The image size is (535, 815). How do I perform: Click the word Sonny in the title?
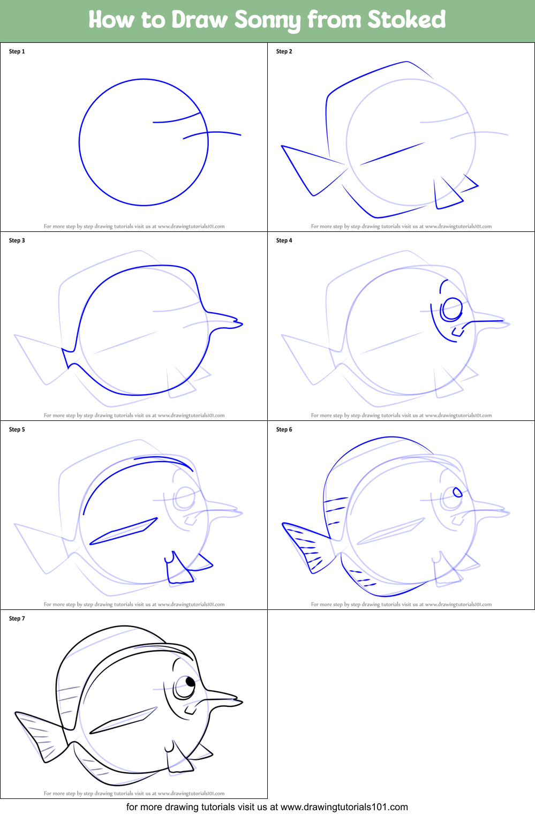(x=267, y=20)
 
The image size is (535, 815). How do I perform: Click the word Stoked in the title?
(x=406, y=20)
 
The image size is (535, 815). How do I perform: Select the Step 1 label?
(x=17, y=51)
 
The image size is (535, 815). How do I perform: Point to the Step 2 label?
(x=284, y=51)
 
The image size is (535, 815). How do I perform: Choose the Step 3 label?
(x=17, y=240)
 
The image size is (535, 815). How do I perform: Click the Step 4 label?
(x=284, y=240)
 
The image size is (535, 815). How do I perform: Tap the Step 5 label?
(x=17, y=429)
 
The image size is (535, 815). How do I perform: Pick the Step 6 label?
(x=284, y=429)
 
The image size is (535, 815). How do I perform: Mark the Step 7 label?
(x=17, y=618)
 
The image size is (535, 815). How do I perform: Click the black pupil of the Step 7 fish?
(x=191, y=682)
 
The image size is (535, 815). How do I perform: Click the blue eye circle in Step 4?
(x=451, y=309)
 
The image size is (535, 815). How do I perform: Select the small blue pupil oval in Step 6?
(x=457, y=492)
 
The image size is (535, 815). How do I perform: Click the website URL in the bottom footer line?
(x=344, y=807)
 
